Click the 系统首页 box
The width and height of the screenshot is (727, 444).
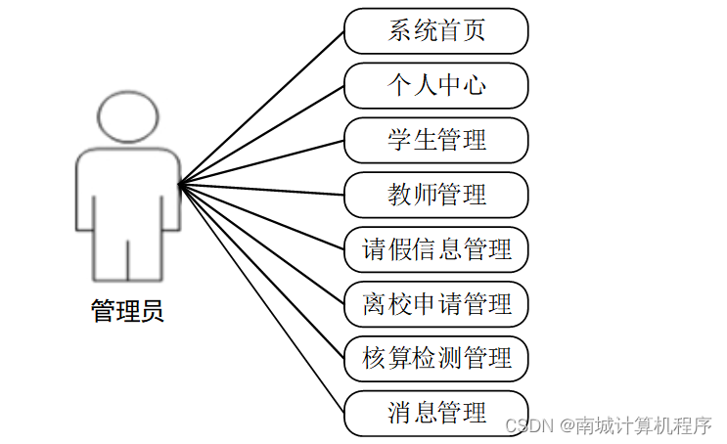click(436, 30)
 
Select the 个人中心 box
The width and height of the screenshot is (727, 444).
click(436, 85)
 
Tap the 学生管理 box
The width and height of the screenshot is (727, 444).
click(436, 140)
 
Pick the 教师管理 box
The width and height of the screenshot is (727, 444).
click(436, 195)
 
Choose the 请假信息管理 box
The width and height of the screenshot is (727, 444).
click(436, 249)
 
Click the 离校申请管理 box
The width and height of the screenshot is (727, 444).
click(436, 304)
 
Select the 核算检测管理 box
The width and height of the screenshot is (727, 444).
click(436, 359)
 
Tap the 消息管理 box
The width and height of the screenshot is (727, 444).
click(436, 413)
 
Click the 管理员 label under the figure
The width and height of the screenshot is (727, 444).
click(127, 312)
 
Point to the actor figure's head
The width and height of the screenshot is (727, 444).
click(128, 114)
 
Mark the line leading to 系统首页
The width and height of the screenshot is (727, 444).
click(262, 107)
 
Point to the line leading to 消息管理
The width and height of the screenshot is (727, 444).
click(262, 298)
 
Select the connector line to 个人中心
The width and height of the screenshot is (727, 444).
click(262, 134)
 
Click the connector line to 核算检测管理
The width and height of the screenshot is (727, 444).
click(262, 271)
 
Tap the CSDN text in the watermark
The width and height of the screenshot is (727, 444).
click(525, 426)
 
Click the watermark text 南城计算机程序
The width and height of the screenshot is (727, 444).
click(642, 426)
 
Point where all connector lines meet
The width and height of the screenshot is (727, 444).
click(180, 183)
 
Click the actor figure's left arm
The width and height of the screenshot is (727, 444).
click(86, 191)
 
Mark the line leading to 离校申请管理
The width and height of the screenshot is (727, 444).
click(262, 244)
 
